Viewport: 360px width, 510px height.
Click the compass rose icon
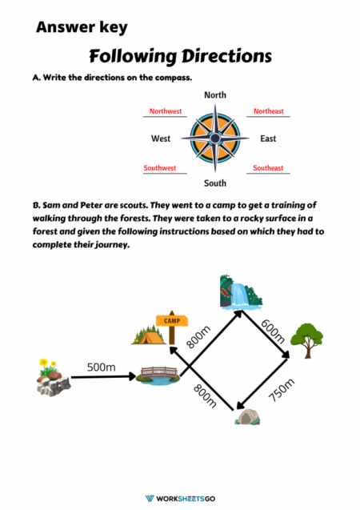point(214,139)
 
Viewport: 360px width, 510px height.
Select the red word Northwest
point(166,111)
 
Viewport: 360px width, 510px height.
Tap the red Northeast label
point(268,111)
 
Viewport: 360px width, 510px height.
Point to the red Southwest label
point(160,168)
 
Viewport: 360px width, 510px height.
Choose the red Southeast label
point(268,168)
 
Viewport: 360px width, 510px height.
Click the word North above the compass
point(215,95)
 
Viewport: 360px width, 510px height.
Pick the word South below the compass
point(215,183)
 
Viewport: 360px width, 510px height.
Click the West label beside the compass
point(161,139)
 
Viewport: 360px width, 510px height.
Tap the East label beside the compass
point(268,139)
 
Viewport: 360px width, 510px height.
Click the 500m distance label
point(102,367)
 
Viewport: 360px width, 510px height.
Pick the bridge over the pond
point(157,375)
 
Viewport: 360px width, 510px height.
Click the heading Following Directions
point(180,56)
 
